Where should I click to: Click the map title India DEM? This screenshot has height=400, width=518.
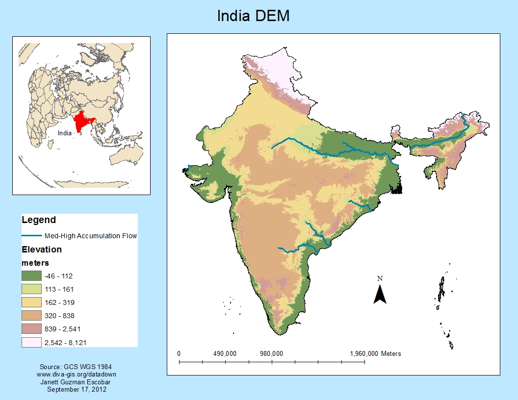point(254,16)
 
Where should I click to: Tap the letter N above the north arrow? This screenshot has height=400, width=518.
point(380,278)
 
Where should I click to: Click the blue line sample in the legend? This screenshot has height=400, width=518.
point(31,236)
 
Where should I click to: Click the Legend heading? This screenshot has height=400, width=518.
point(39,220)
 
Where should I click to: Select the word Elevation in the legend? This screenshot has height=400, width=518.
point(42,250)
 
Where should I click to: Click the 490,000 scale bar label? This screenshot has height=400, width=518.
point(225,353)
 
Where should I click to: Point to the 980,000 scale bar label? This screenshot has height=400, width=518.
point(271,353)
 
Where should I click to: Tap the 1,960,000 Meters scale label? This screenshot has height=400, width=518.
point(375,353)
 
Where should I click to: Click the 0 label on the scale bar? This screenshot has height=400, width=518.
point(179,353)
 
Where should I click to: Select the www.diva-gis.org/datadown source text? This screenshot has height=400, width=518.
point(77,374)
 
